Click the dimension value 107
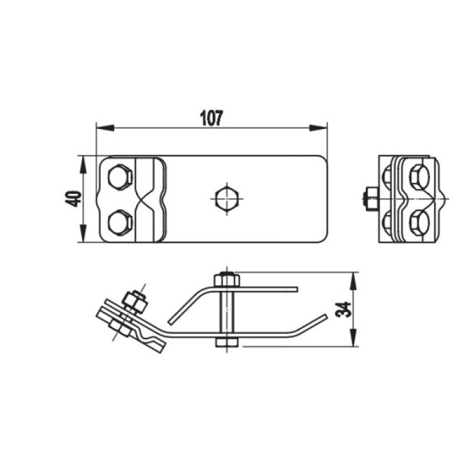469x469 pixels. coord(212,118)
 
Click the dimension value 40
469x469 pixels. coord(74,199)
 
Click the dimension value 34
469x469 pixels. coord(344,310)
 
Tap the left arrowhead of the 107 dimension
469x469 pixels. coord(105,128)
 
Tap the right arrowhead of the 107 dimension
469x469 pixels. coord(318,128)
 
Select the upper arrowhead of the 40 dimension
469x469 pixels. coord(83,165)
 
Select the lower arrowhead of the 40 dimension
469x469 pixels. coord(83,233)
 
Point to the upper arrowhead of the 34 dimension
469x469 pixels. coord(354,281)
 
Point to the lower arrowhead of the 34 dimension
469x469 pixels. coord(354,338)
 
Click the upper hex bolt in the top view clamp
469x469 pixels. coord(120,177)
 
